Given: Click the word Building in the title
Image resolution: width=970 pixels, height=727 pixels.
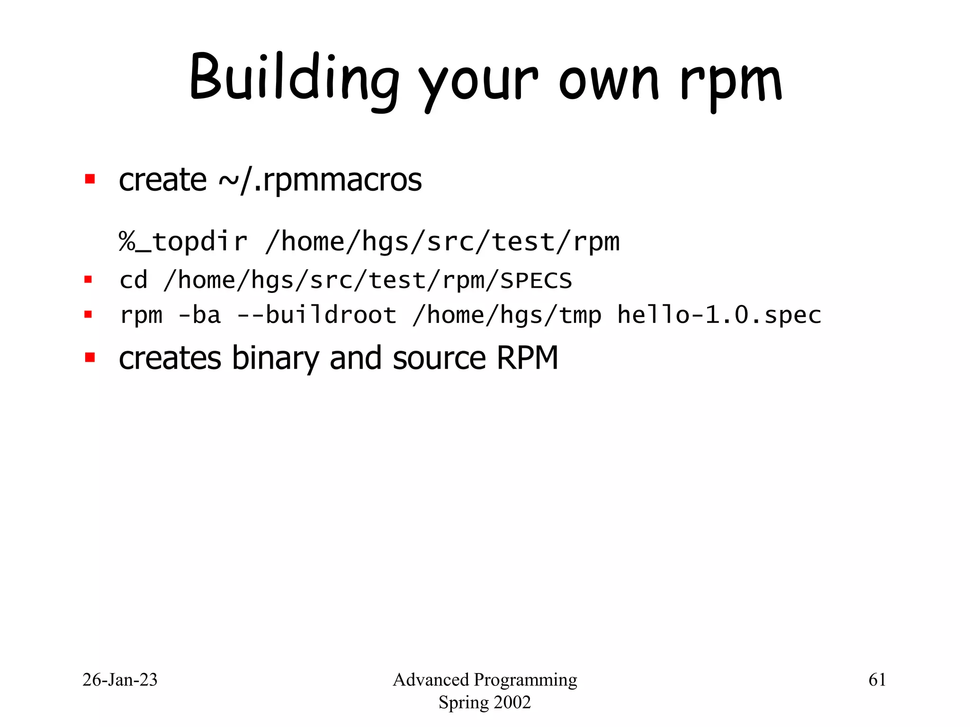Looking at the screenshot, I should [294, 78].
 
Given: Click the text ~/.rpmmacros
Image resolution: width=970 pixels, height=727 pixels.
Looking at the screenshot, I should [320, 180].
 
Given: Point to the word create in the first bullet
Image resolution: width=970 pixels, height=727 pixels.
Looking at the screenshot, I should [162, 180].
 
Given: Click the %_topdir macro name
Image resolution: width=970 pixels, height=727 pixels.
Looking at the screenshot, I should [183, 242].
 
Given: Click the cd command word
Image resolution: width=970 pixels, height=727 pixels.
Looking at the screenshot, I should [134, 280].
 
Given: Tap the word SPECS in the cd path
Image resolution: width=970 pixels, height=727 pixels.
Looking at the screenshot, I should [536, 281].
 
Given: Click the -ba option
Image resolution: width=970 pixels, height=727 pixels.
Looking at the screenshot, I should [199, 315].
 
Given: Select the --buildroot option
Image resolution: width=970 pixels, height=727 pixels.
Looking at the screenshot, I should [316, 315].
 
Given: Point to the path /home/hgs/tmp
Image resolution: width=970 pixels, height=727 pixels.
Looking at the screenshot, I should [507, 315].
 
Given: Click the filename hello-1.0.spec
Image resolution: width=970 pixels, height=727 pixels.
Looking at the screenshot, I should [719, 315].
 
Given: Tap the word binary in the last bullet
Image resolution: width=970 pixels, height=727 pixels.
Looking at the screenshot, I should [275, 358].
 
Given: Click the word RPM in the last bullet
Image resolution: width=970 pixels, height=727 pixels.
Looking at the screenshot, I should [527, 358].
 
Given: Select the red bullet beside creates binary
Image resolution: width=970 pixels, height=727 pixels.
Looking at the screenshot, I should [90, 357].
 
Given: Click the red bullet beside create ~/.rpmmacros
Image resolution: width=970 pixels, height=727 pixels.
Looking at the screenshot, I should [90, 179].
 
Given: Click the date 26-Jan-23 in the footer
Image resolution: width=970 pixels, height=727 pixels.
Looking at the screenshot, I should [120, 680].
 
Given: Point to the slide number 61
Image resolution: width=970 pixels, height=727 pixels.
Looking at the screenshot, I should [877, 680].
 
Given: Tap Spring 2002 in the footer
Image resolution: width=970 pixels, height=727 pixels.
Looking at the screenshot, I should [485, 702].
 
